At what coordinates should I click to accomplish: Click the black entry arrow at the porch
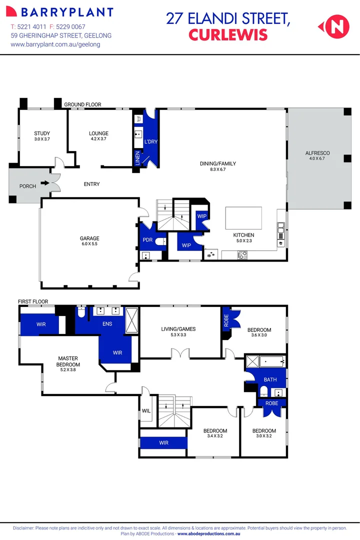click(45, 183)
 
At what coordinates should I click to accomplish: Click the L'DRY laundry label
click(150, 142)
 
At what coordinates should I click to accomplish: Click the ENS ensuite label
click(107, 324)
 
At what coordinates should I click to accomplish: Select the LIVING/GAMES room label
click(178, 331)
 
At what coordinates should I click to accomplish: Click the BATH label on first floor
click(270, 379)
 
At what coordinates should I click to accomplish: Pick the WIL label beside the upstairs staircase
click(146, 411)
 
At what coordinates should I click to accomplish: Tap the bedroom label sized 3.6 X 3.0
click(259, 332)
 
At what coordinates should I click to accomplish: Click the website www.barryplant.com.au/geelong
click(55, 44)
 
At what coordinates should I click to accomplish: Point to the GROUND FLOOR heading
click(82, 104)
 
